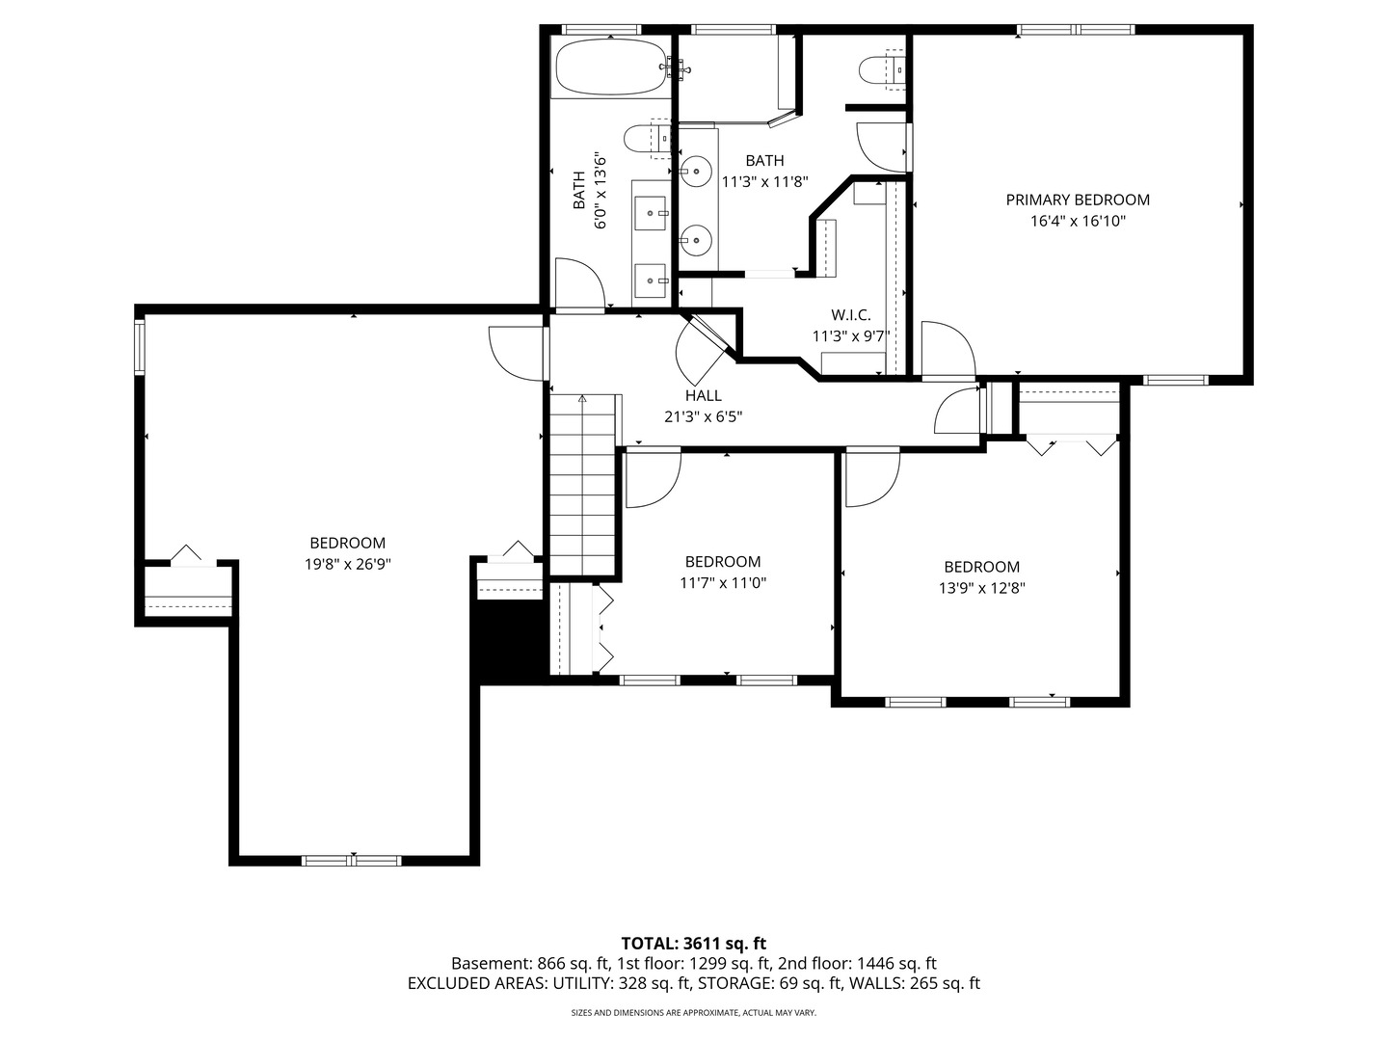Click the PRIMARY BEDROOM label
1078,200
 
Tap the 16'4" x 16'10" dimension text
1078,222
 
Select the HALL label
704,395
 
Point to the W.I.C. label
850,315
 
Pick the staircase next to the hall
582,485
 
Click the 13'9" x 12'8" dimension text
981,588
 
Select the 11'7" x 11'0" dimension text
723,583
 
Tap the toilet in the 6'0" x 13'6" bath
647,139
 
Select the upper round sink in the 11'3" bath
696,172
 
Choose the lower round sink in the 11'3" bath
696,240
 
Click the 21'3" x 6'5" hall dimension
704,417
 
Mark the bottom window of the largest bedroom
352,860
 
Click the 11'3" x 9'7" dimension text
850,336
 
